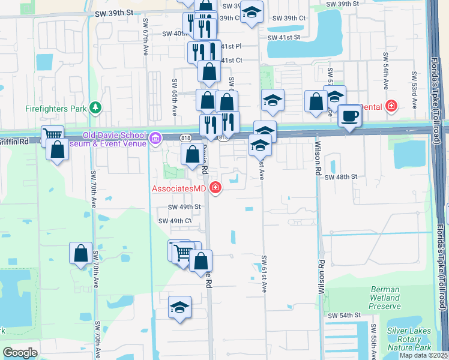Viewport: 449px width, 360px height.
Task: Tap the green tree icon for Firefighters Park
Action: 95,108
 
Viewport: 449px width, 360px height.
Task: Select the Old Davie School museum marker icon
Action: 155,139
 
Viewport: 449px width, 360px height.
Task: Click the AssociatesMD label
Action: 179,189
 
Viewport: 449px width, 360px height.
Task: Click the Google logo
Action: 20,353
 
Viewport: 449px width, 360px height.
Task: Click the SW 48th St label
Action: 341,177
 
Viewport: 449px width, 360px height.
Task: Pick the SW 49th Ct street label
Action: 175,221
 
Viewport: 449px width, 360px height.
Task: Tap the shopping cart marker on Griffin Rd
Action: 52,136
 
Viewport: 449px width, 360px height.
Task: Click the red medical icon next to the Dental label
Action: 391,106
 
